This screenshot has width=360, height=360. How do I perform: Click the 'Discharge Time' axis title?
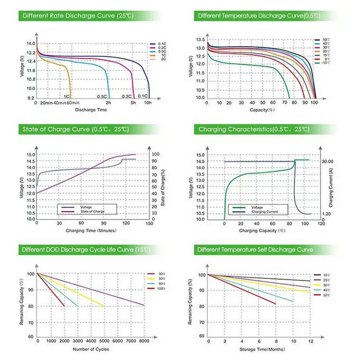point(91,110)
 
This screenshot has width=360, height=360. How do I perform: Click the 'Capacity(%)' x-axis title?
point(262,110)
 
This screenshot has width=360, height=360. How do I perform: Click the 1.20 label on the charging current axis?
point(326,214)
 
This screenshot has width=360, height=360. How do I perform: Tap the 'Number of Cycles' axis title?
point(91,348)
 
